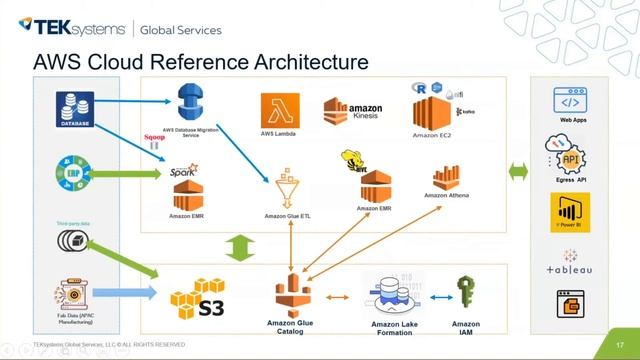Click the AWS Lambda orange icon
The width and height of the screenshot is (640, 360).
[280, 110]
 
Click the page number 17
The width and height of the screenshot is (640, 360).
[620, 345]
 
